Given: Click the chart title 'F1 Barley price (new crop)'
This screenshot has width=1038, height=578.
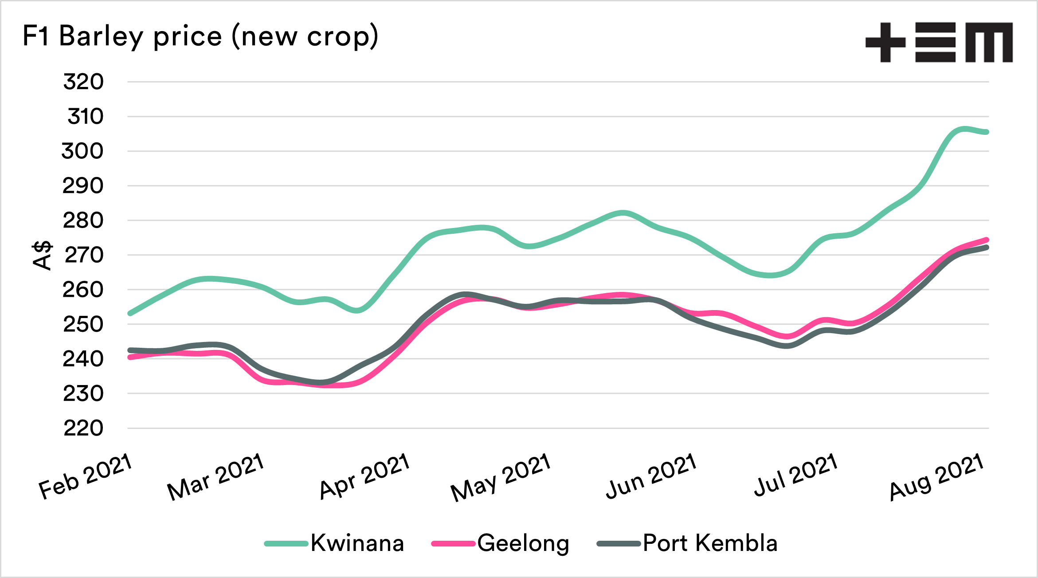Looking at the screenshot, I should click(x=200, y=36).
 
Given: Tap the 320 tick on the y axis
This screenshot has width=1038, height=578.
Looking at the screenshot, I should click(x=83, y=82).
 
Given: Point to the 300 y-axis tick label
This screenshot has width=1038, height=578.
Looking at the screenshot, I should click(x=82, y=151).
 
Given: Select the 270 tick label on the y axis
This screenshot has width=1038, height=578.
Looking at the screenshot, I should click(x=84, y=256).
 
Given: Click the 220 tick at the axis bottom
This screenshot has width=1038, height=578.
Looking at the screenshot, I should click(x=83, y=429).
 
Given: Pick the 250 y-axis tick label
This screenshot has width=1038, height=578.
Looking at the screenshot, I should click(x=83, y=325).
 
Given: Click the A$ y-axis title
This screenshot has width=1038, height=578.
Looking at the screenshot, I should click(x=42, y=256).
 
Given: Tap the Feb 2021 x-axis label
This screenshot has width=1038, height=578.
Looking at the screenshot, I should click(x=86, y=476).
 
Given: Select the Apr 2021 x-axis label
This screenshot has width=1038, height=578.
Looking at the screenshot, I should click(x=364, y=476).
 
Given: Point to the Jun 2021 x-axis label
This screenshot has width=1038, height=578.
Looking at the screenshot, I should click(x=651, y=476).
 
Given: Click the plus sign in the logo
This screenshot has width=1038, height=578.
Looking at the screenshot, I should click(x=885, y=43).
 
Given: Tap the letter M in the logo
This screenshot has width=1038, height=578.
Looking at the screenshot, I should click(x=989, y=43).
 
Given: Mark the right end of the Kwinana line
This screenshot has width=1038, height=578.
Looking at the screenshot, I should click(x=987, y=132).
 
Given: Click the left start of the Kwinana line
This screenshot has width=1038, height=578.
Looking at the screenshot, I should click(x=130, y=314).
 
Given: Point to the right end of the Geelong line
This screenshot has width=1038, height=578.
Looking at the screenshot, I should click(x=987, y=240).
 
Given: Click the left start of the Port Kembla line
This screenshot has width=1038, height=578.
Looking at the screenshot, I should click(x=130, y=350).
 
